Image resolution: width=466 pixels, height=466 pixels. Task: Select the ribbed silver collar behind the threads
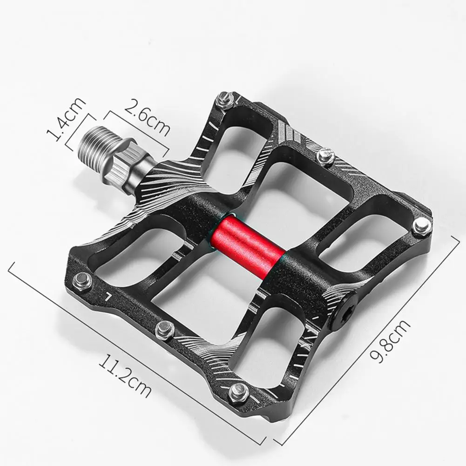click(125, 158)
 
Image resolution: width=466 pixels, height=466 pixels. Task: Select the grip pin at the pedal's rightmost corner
click(422, 224)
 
